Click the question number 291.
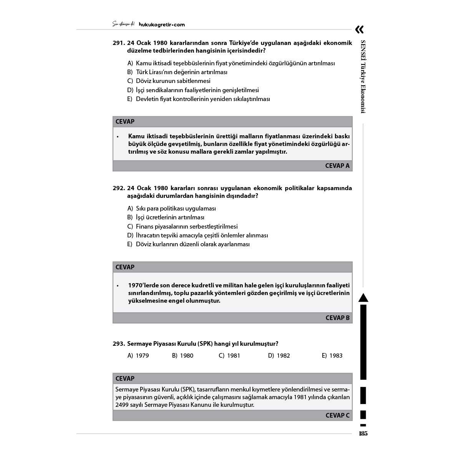coord(118,43)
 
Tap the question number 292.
coord(118,188)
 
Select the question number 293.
coord(118,344)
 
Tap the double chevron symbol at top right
coord(359,30)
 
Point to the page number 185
coord(363,434)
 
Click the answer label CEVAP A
coord(337,166)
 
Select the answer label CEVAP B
coord(337,318)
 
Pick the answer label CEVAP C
coord(337,415)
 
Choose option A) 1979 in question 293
coord(138,356)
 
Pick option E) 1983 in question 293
coord(332,356)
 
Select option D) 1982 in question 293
coord(279,356)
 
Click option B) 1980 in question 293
coord(182,356)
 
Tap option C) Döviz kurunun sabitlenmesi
coord(169,81)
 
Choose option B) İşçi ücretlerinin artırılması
coord(166,217)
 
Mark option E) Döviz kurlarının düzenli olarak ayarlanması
coord(188,244)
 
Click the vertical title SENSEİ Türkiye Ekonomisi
coord(363,76)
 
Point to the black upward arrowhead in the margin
coord(363,298)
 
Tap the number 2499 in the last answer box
coord(122,405)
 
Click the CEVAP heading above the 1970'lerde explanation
coord(125,267)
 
